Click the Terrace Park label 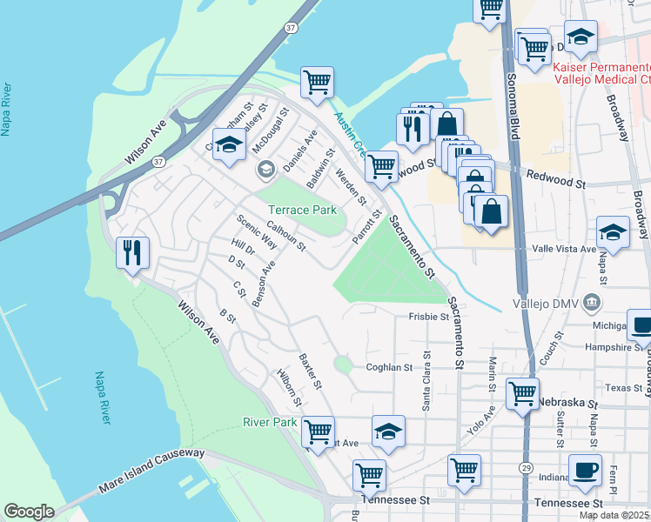[301, 211]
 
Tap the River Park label [270, 423]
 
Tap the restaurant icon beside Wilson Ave [132, 253]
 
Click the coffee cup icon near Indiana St [585, 470]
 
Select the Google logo [29, 512]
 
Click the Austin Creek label [351, 135]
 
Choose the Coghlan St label [388, 368]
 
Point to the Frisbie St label [428, 318]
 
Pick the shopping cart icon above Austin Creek [318, 83]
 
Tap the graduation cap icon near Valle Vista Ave [613, 232]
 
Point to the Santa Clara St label [426, 379]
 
